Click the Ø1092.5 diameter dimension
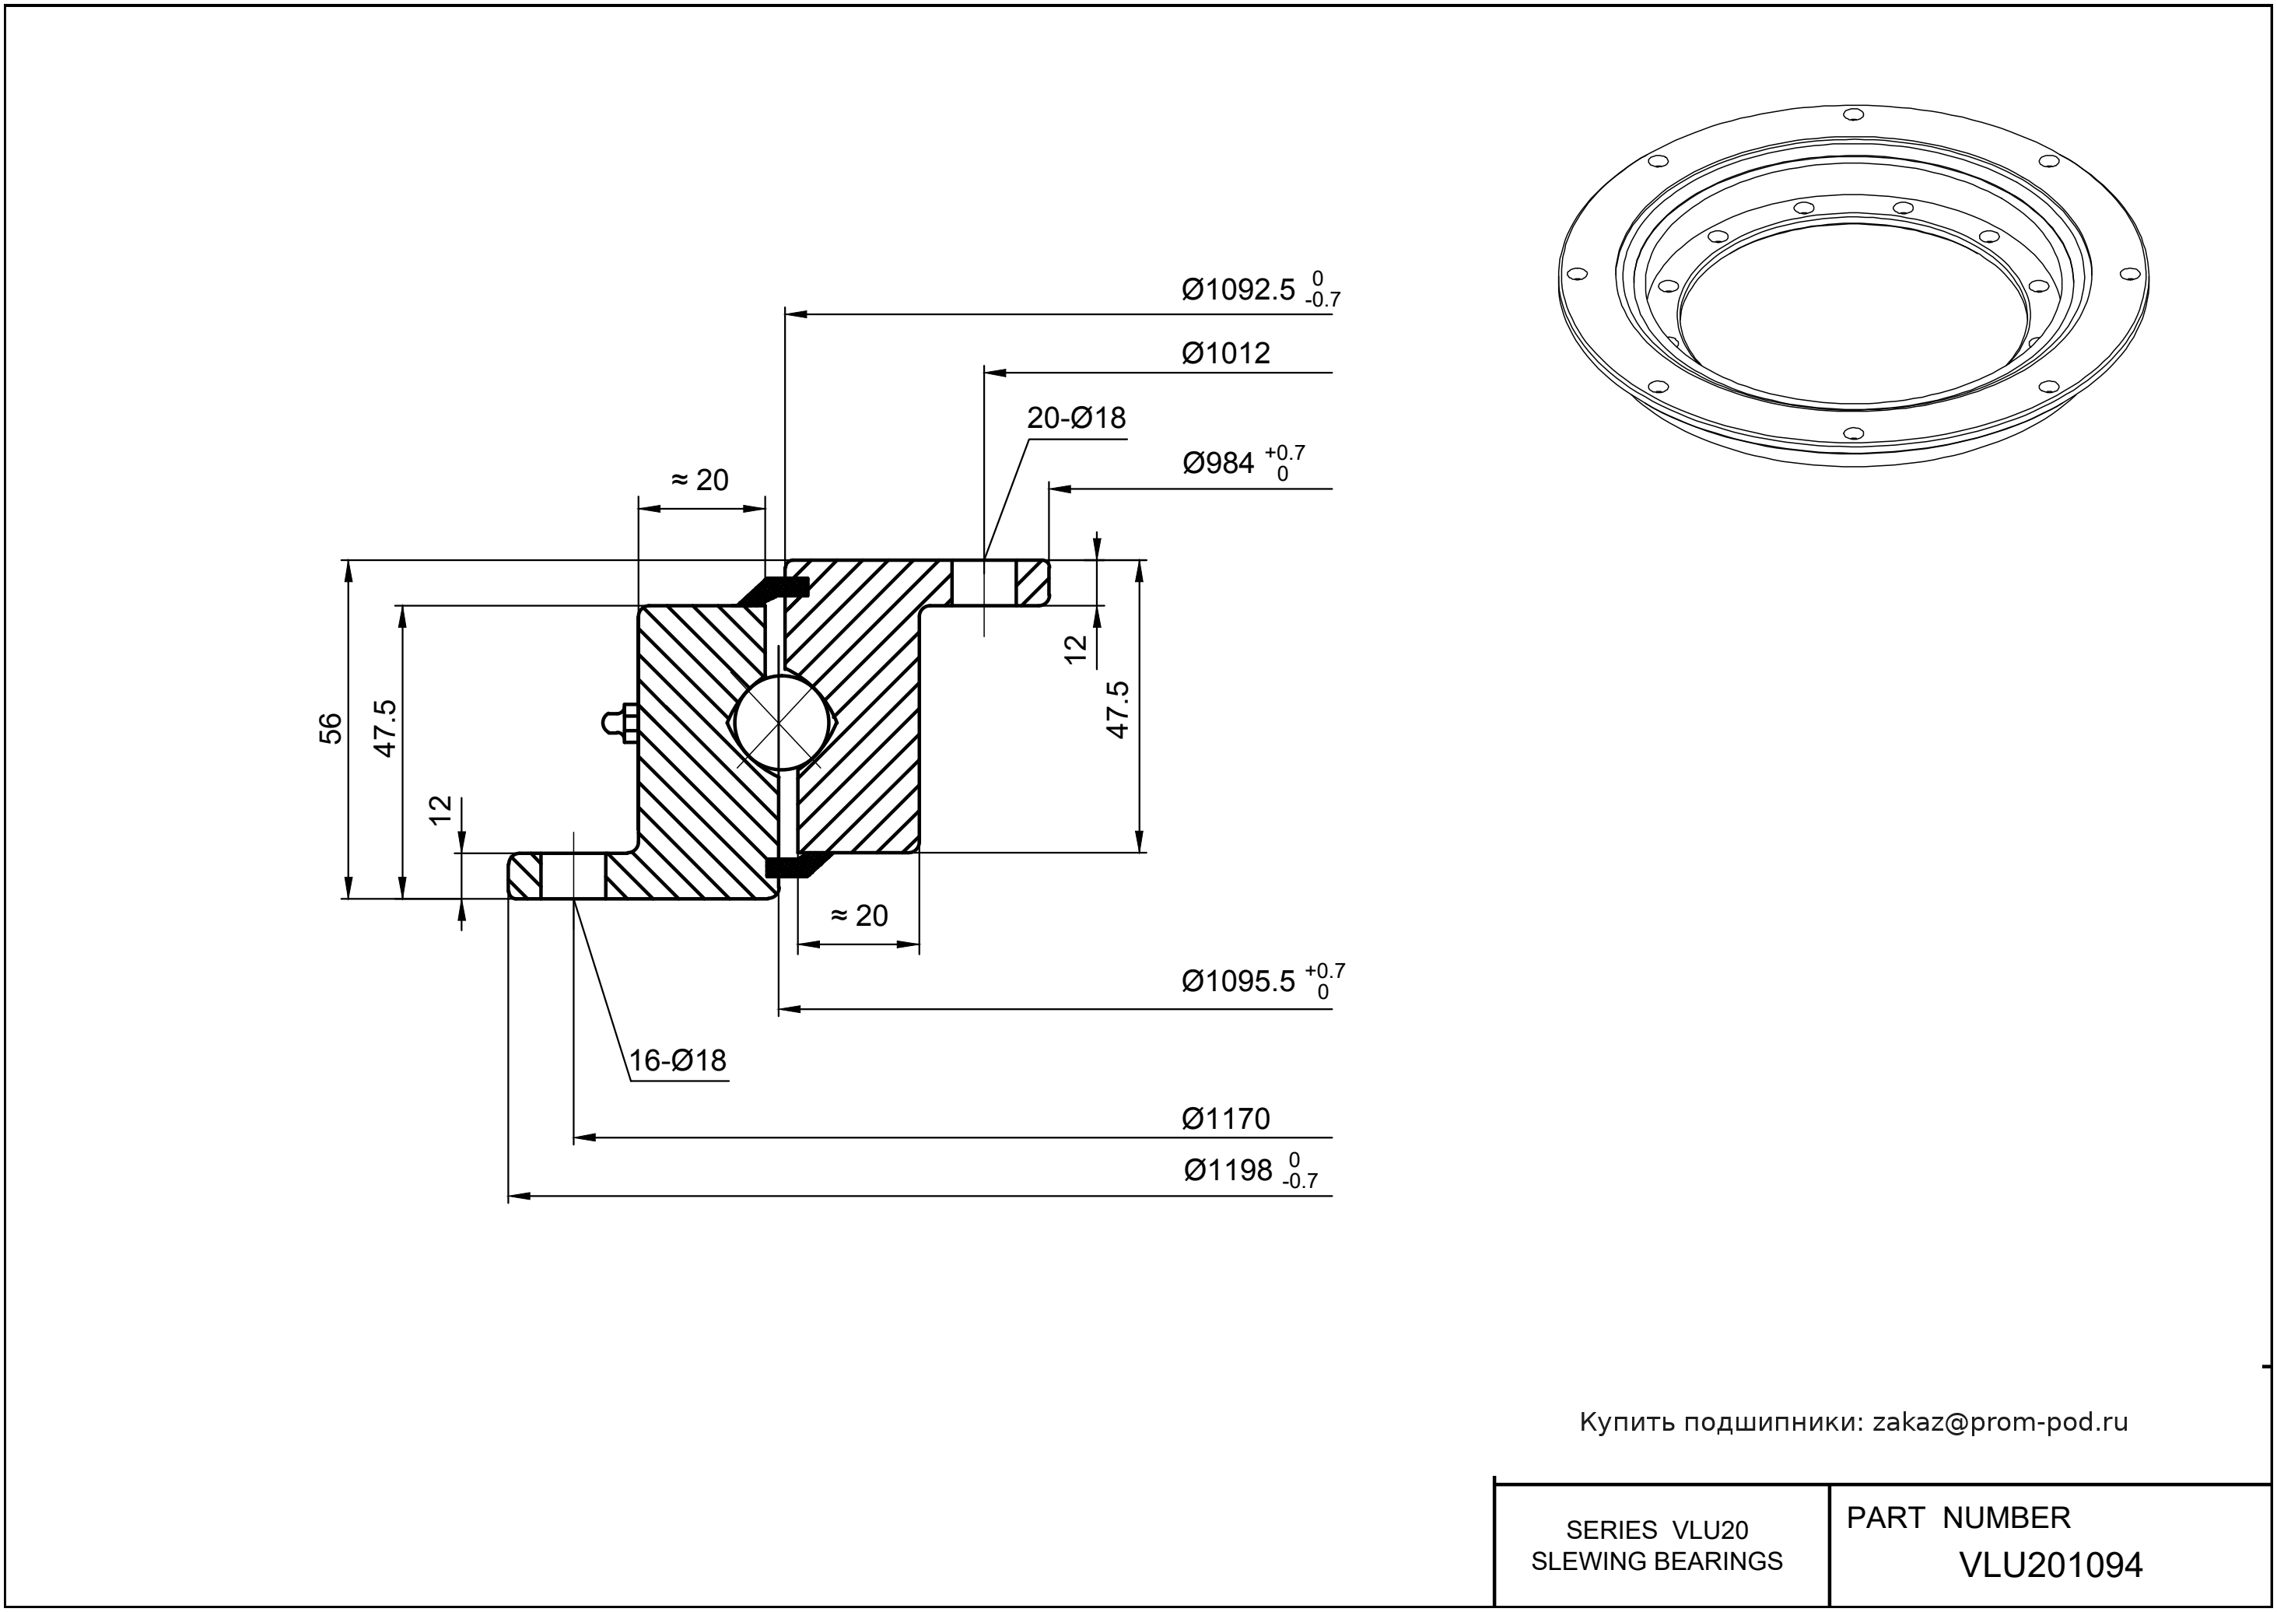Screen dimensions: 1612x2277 coord(1238,290)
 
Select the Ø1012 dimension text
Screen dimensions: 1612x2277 coord(1226,353)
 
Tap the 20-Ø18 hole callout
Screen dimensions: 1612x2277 coord(1076,418)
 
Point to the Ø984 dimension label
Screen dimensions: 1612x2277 coord(1219,464)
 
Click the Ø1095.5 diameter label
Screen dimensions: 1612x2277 coord(1238,982)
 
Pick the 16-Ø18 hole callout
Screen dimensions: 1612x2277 coord(678,1061)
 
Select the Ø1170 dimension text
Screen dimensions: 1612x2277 coord(1226,1120)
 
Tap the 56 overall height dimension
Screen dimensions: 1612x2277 coord(332,728)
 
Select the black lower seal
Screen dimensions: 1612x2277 coord(792,866)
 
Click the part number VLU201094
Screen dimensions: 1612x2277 coord(2051,1565)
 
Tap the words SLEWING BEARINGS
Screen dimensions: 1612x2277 coord(1657,1561)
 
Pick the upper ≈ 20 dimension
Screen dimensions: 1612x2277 coord(701,481)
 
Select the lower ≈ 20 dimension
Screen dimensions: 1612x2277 coord(859,915)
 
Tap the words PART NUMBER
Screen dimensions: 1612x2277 coord(1957,1519)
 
